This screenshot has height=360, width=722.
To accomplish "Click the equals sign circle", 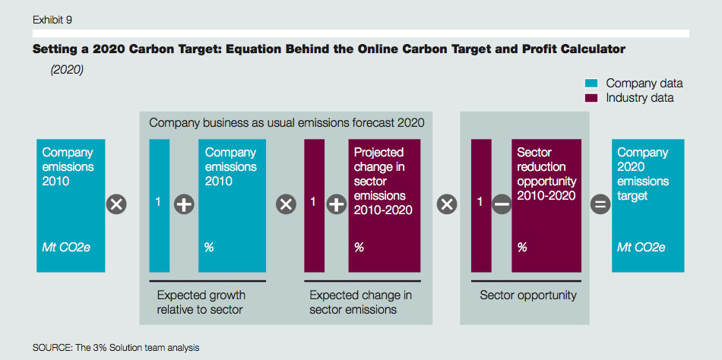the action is point(600,204).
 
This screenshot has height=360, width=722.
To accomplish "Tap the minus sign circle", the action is point(502,204).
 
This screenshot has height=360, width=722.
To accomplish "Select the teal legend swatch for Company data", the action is point(591,84).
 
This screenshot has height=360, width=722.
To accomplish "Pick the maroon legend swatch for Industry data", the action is point(591,98).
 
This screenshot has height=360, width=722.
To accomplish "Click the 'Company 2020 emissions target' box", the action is point(648,205).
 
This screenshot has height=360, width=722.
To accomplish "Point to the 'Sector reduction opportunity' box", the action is point(546,205).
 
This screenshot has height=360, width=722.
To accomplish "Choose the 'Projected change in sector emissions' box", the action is point(384,205).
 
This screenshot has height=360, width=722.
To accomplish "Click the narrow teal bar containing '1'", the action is point(160,205).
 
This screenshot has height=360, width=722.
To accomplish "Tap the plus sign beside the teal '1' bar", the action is point(184,204).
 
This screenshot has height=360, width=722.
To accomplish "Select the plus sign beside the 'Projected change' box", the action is point(337,204).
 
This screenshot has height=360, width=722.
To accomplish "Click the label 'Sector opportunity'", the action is point(528,295).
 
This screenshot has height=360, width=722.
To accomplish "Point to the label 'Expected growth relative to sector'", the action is point(201,302).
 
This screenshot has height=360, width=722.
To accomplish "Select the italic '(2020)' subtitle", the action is point(67,71).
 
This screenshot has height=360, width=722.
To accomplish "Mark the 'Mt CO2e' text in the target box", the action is point(641,247).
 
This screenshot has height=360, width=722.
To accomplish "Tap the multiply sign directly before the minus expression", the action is point(447,204).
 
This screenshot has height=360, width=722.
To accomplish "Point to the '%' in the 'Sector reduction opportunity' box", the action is point(521,247).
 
